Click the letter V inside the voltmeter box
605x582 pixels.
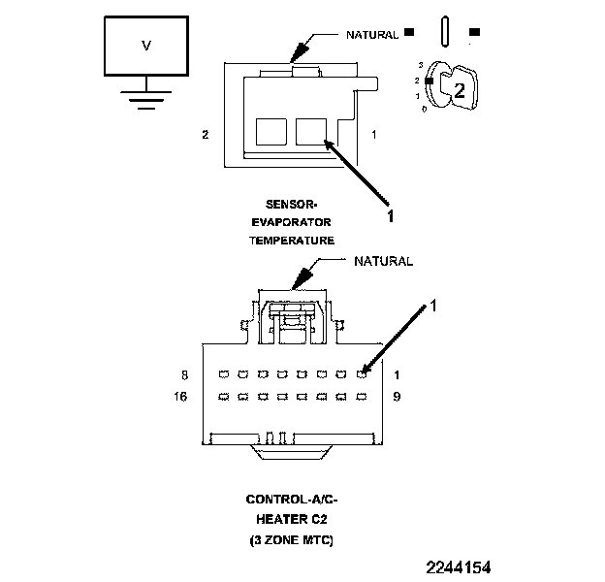[146, 46]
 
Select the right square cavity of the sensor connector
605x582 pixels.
[310, 132]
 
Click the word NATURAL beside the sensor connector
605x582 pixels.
[372, 35]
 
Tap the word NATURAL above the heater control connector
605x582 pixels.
[383, 261]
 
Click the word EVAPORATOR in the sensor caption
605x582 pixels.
[300, 221]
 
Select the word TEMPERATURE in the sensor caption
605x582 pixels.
[300, 239]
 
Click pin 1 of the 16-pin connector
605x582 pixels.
[362, 373]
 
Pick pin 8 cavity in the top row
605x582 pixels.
[222, 373]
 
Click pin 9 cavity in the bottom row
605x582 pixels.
[362, 396]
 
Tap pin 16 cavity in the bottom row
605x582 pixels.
[222, 396]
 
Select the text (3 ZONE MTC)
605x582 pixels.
[293, 539]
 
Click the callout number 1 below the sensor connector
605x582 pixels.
[391, 216]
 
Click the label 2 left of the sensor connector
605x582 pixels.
[205, 134]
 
